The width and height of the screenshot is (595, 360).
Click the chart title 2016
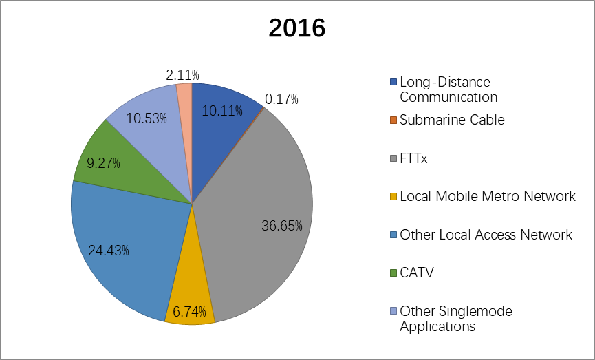click(x=296, y=28)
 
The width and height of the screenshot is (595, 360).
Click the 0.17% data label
click(x=282, y=100)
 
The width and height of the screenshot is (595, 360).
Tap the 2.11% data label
click(x=183, y=74)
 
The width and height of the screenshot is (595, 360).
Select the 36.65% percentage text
click(x=282, y=226)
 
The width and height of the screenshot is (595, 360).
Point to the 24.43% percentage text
click(x=109, y=249)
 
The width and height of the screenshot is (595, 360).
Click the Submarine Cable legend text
click(x=452, y=120)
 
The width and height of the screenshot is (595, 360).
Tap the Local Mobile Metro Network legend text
click(x=488, y=196)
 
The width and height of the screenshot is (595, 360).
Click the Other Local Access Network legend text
click(x=486, y=235)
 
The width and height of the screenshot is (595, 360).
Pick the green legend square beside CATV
click(x=393, y=273)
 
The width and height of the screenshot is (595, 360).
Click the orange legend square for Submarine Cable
click(x=393, y=120)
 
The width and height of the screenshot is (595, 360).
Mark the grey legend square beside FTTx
click(x=393, y=158)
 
